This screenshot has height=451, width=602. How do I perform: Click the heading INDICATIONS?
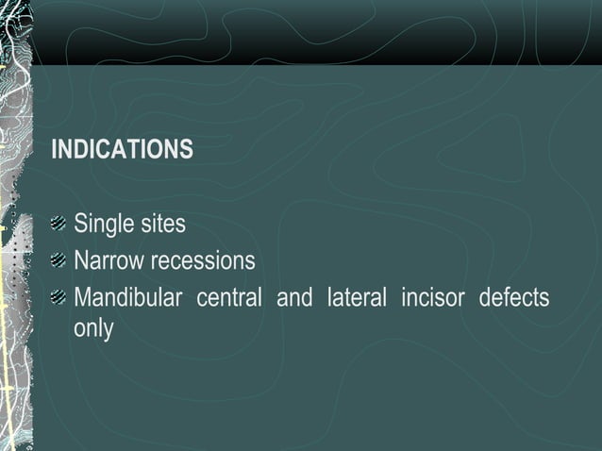click(x=122, y=150)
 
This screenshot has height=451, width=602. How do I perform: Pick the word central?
click(x=228, y=298)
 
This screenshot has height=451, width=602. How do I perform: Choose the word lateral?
click(x=356, y=298)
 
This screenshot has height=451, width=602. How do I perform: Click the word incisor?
click(x=432, y=298)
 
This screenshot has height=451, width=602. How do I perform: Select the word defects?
click(x=513, y=298)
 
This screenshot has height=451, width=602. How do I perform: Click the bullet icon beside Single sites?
click(x=59, y=225)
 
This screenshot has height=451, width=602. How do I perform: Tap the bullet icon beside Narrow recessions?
click(x=59, y=260)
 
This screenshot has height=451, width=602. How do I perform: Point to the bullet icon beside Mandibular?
click(x=59, y=298)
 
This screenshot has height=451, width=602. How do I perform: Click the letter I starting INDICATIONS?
click(x=54, y=150)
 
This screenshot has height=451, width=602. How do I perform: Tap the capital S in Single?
click(x=81, y=225)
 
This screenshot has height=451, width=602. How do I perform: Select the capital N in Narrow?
click(x=82, y=260)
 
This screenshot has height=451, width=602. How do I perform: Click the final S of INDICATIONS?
click(x=187, y=150)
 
